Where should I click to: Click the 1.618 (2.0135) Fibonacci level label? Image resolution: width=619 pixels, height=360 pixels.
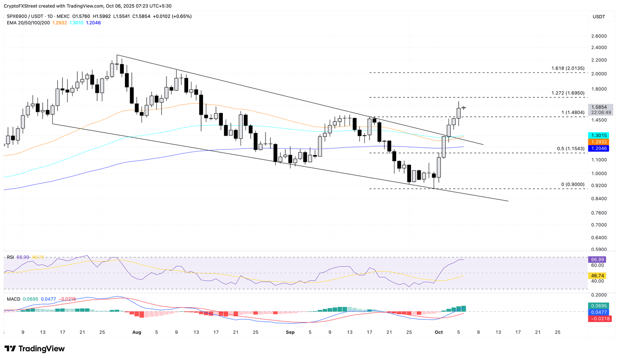click(x=567, y=68)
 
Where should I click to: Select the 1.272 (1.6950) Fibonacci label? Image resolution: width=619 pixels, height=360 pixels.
click(x=567, y=93)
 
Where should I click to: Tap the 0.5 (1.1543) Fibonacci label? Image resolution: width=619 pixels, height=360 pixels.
click(x=570, y=149)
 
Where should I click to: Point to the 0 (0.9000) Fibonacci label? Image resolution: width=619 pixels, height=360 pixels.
click(x=572, y=184)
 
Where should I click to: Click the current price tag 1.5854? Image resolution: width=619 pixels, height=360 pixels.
click(x=601, y=107)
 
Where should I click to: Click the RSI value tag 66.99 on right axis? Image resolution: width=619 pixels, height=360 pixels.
click(x=598, y=259)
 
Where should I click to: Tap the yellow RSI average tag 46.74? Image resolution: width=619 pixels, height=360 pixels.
click(x=598, y=276)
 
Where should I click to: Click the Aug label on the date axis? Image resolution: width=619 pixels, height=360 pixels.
click(x=137, y=332)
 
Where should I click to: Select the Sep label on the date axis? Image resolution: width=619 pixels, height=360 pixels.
click(x=290, y=332)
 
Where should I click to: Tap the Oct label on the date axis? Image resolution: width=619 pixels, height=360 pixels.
click(x=439, y=332)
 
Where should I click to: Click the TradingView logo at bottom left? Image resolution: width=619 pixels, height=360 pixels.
click(x=35, y=349)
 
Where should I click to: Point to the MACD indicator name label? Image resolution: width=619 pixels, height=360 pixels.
click(x=13, y=300)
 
